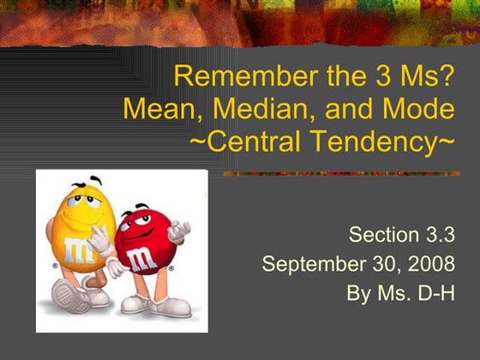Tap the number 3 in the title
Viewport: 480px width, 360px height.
coord(384,76)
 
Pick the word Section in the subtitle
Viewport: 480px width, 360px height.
coord(384,235)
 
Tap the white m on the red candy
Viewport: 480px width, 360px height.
coord(141,259)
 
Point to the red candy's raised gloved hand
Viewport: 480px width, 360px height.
coord(179,232)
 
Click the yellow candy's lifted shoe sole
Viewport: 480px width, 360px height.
coord(67,296)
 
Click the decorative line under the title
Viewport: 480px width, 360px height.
coord(342,174)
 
